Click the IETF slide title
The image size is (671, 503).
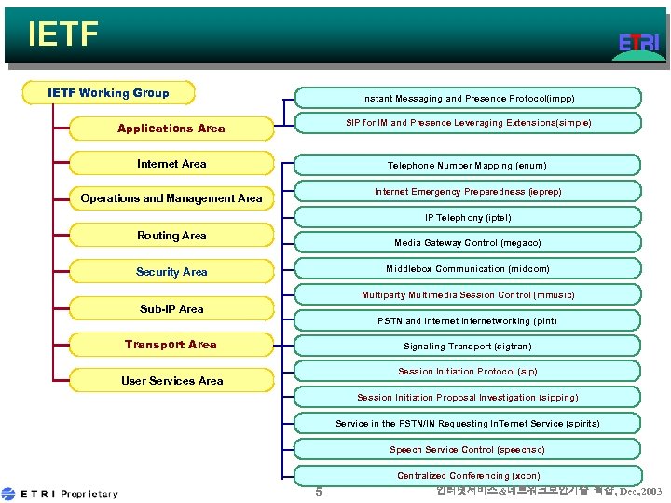pos(63,34)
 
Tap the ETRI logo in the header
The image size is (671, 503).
pos(638,43)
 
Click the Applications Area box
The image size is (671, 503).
pos(171,129)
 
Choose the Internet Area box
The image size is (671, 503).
pos(171,164)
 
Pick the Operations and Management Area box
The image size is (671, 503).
pos(171,198)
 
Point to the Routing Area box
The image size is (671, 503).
pos(171,236)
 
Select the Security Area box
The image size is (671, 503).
pos(171,272)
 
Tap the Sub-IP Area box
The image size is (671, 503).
pos(171,308)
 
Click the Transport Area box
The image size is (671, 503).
pos(171,345)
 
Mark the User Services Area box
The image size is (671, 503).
pos(171,380)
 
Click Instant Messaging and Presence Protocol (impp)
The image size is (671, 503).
pos(468,98)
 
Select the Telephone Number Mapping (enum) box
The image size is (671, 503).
pos(468,165)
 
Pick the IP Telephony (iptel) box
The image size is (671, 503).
pos(468,218)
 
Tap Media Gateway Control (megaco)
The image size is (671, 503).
pos(468,242)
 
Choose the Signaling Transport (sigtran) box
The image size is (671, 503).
pos(468,346)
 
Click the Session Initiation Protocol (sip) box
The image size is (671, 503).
pos(468,372)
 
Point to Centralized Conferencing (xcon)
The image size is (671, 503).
pos(468,475)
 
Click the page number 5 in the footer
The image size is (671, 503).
pos(318,492)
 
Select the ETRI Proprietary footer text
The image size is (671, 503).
pos(62,494)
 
